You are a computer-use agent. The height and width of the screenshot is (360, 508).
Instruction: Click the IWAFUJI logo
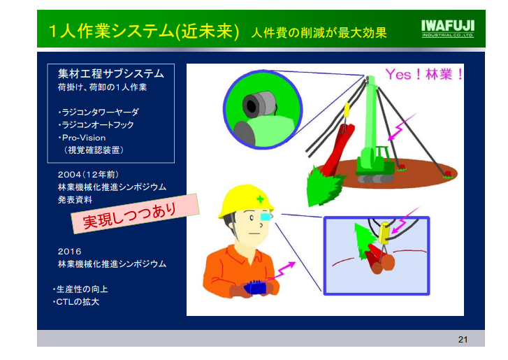pos(448,29)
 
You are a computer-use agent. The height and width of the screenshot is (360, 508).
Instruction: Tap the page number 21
pos(463,339)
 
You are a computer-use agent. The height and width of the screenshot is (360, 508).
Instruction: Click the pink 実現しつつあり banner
pos(134,214)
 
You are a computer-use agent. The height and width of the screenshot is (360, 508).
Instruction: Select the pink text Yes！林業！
pos(424,75)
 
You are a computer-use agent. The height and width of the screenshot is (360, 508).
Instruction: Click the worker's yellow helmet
pos(245,200)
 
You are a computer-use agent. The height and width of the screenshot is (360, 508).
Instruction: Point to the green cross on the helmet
pos(260,199)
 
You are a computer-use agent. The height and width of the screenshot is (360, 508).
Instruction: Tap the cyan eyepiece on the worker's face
pos(265,217)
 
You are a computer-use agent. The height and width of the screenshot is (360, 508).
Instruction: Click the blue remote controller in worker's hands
pos(255,287)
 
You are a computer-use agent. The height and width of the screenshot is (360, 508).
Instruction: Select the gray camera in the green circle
pos(259,103)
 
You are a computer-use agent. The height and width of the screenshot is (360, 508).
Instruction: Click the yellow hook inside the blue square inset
pos(384,233)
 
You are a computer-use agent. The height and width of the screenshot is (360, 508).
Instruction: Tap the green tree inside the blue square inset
pos(361,241)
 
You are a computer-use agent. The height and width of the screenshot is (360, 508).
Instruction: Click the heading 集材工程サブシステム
pos(111,74)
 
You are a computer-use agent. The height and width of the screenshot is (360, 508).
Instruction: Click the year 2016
pos(69,252)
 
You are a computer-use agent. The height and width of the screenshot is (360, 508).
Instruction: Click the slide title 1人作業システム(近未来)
pos(144,31)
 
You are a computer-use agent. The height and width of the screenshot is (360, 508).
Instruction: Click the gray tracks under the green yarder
pos(376,178)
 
